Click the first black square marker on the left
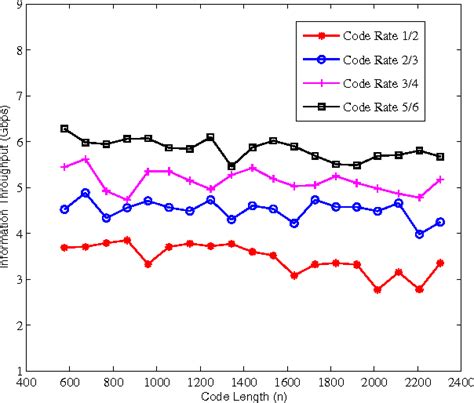[x=64, y=128]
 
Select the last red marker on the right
[x=440, y=263]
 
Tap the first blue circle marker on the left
[x=64, y=209]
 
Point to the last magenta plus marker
[x=440, y=179]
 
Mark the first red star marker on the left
[x=64, y=247]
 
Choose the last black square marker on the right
[x=440, y=157]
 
